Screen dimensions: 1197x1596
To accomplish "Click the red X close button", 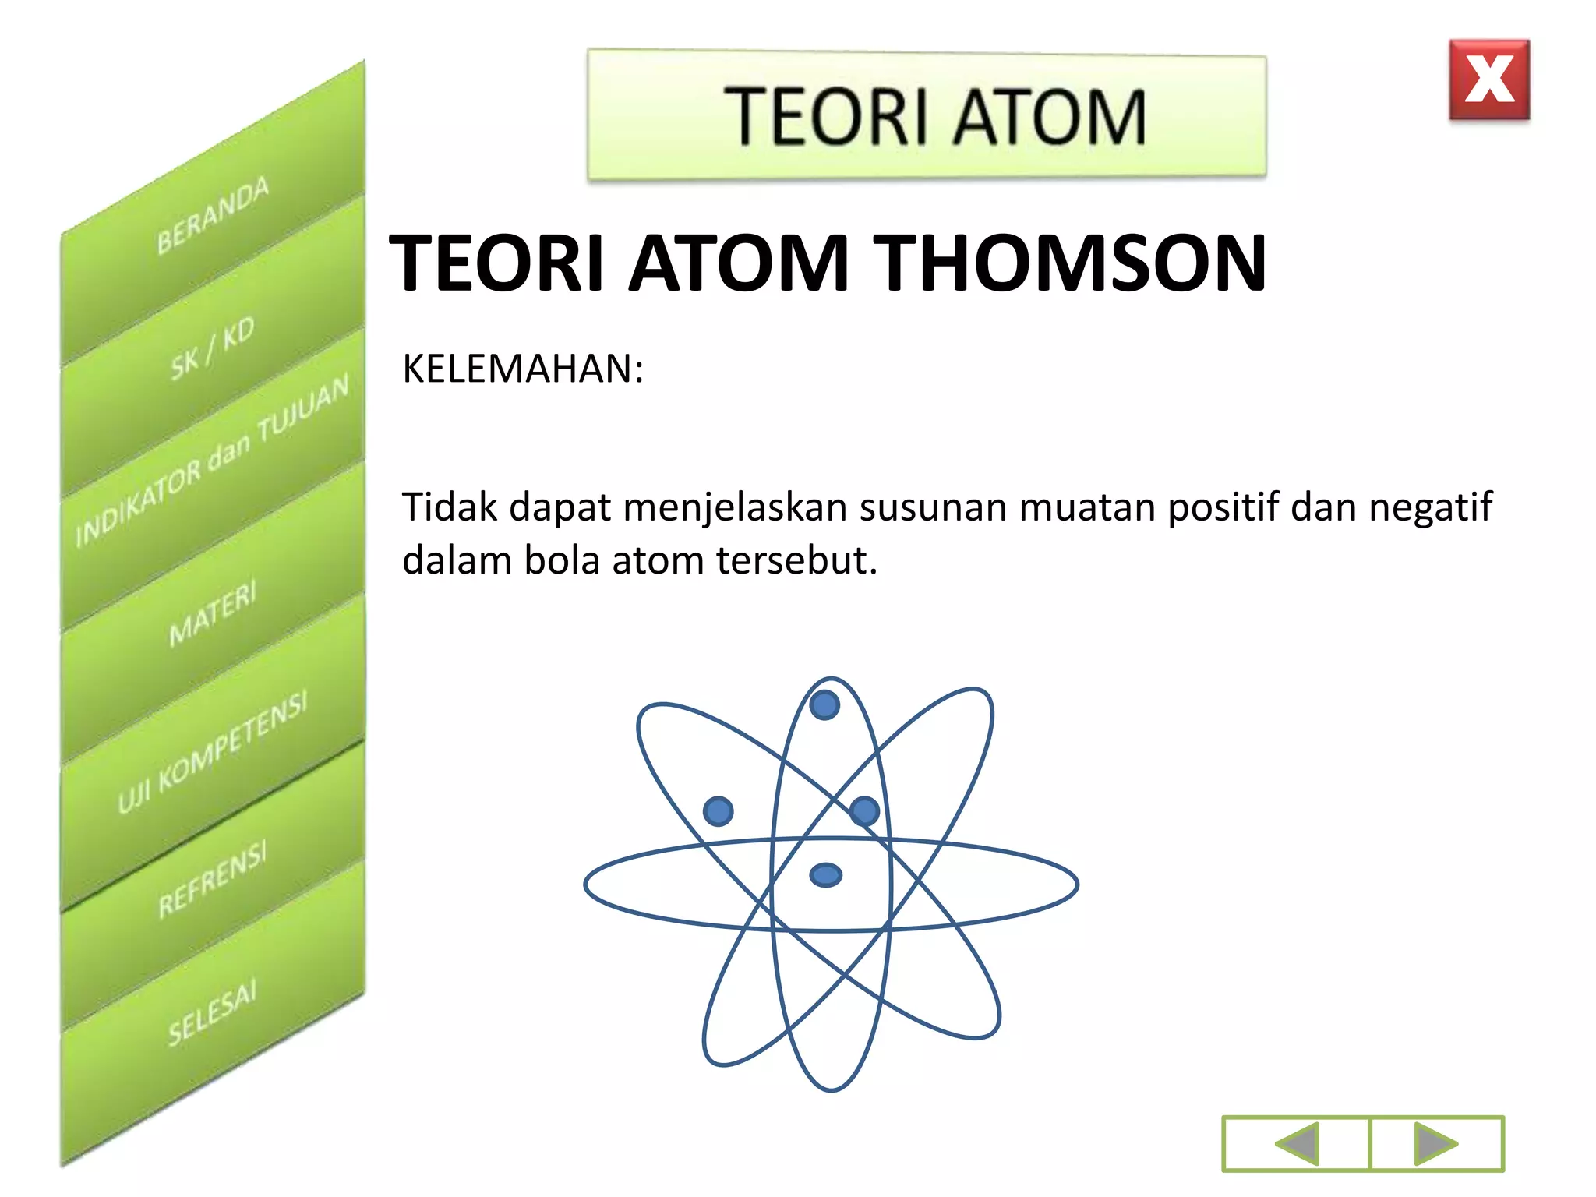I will (1489, 79).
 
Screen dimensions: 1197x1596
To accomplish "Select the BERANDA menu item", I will (213, 215).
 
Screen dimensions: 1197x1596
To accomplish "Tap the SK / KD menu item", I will (213, 349).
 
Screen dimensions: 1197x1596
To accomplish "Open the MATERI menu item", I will (213, 613).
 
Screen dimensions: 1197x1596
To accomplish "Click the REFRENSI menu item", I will (213, 878).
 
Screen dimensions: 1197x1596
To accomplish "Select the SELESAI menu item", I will (213, 1012).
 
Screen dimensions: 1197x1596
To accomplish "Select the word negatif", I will (1430, 508).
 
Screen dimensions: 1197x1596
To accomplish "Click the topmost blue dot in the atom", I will (824, 705).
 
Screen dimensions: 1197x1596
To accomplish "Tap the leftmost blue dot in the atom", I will (718, 810).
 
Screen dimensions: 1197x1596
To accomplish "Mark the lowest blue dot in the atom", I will (826, 875).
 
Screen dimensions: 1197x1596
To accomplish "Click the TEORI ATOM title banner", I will (927, 115).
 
